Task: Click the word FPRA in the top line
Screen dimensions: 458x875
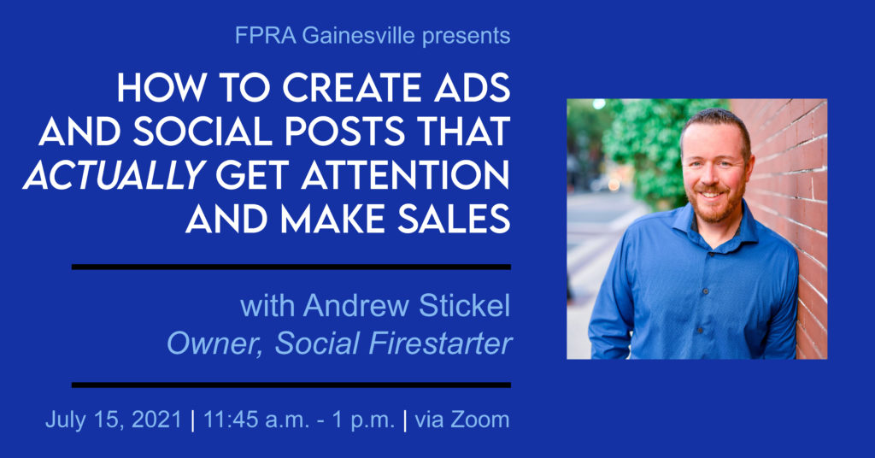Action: [x=260, y=37]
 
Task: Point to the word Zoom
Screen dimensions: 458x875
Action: [x=480, y=420]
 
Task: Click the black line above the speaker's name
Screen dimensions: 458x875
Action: [x=291, y=267]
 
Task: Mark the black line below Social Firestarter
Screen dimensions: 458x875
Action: [x=291, y=385]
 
